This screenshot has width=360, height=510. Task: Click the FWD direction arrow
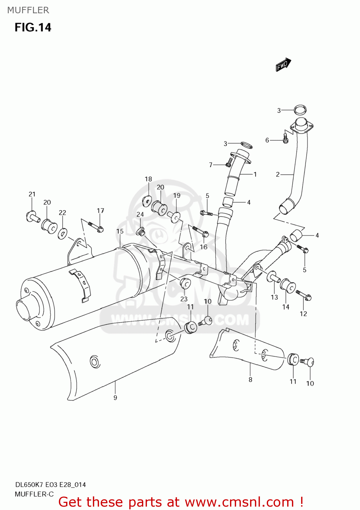tap(283, 65)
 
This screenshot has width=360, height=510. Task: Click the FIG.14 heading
tap(33, 28)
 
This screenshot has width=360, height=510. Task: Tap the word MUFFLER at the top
tap(28, 10)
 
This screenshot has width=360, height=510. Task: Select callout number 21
tap(32, 194)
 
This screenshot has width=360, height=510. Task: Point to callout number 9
tap(115, 397)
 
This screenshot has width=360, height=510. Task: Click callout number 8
tap(250, 380)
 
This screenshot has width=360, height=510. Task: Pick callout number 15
tap(120, 231)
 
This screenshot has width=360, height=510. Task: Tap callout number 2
tap(278, 174)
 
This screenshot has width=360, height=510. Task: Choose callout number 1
tap(255, 174)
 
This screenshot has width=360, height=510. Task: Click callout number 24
tap(140, 215)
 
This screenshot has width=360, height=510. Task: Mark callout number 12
tap(303, 314)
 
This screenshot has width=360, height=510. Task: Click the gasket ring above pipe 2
tap(300, 110)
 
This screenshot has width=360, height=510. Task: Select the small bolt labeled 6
tap(285, 138)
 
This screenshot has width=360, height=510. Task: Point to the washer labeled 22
tap(62, 234)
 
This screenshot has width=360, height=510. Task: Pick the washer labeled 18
tap(147, 201)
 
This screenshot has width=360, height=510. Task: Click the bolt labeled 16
tap(201, 232)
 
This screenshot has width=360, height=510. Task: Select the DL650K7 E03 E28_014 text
tap(50, 485)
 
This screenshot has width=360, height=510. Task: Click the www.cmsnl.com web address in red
tap(239, 502)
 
